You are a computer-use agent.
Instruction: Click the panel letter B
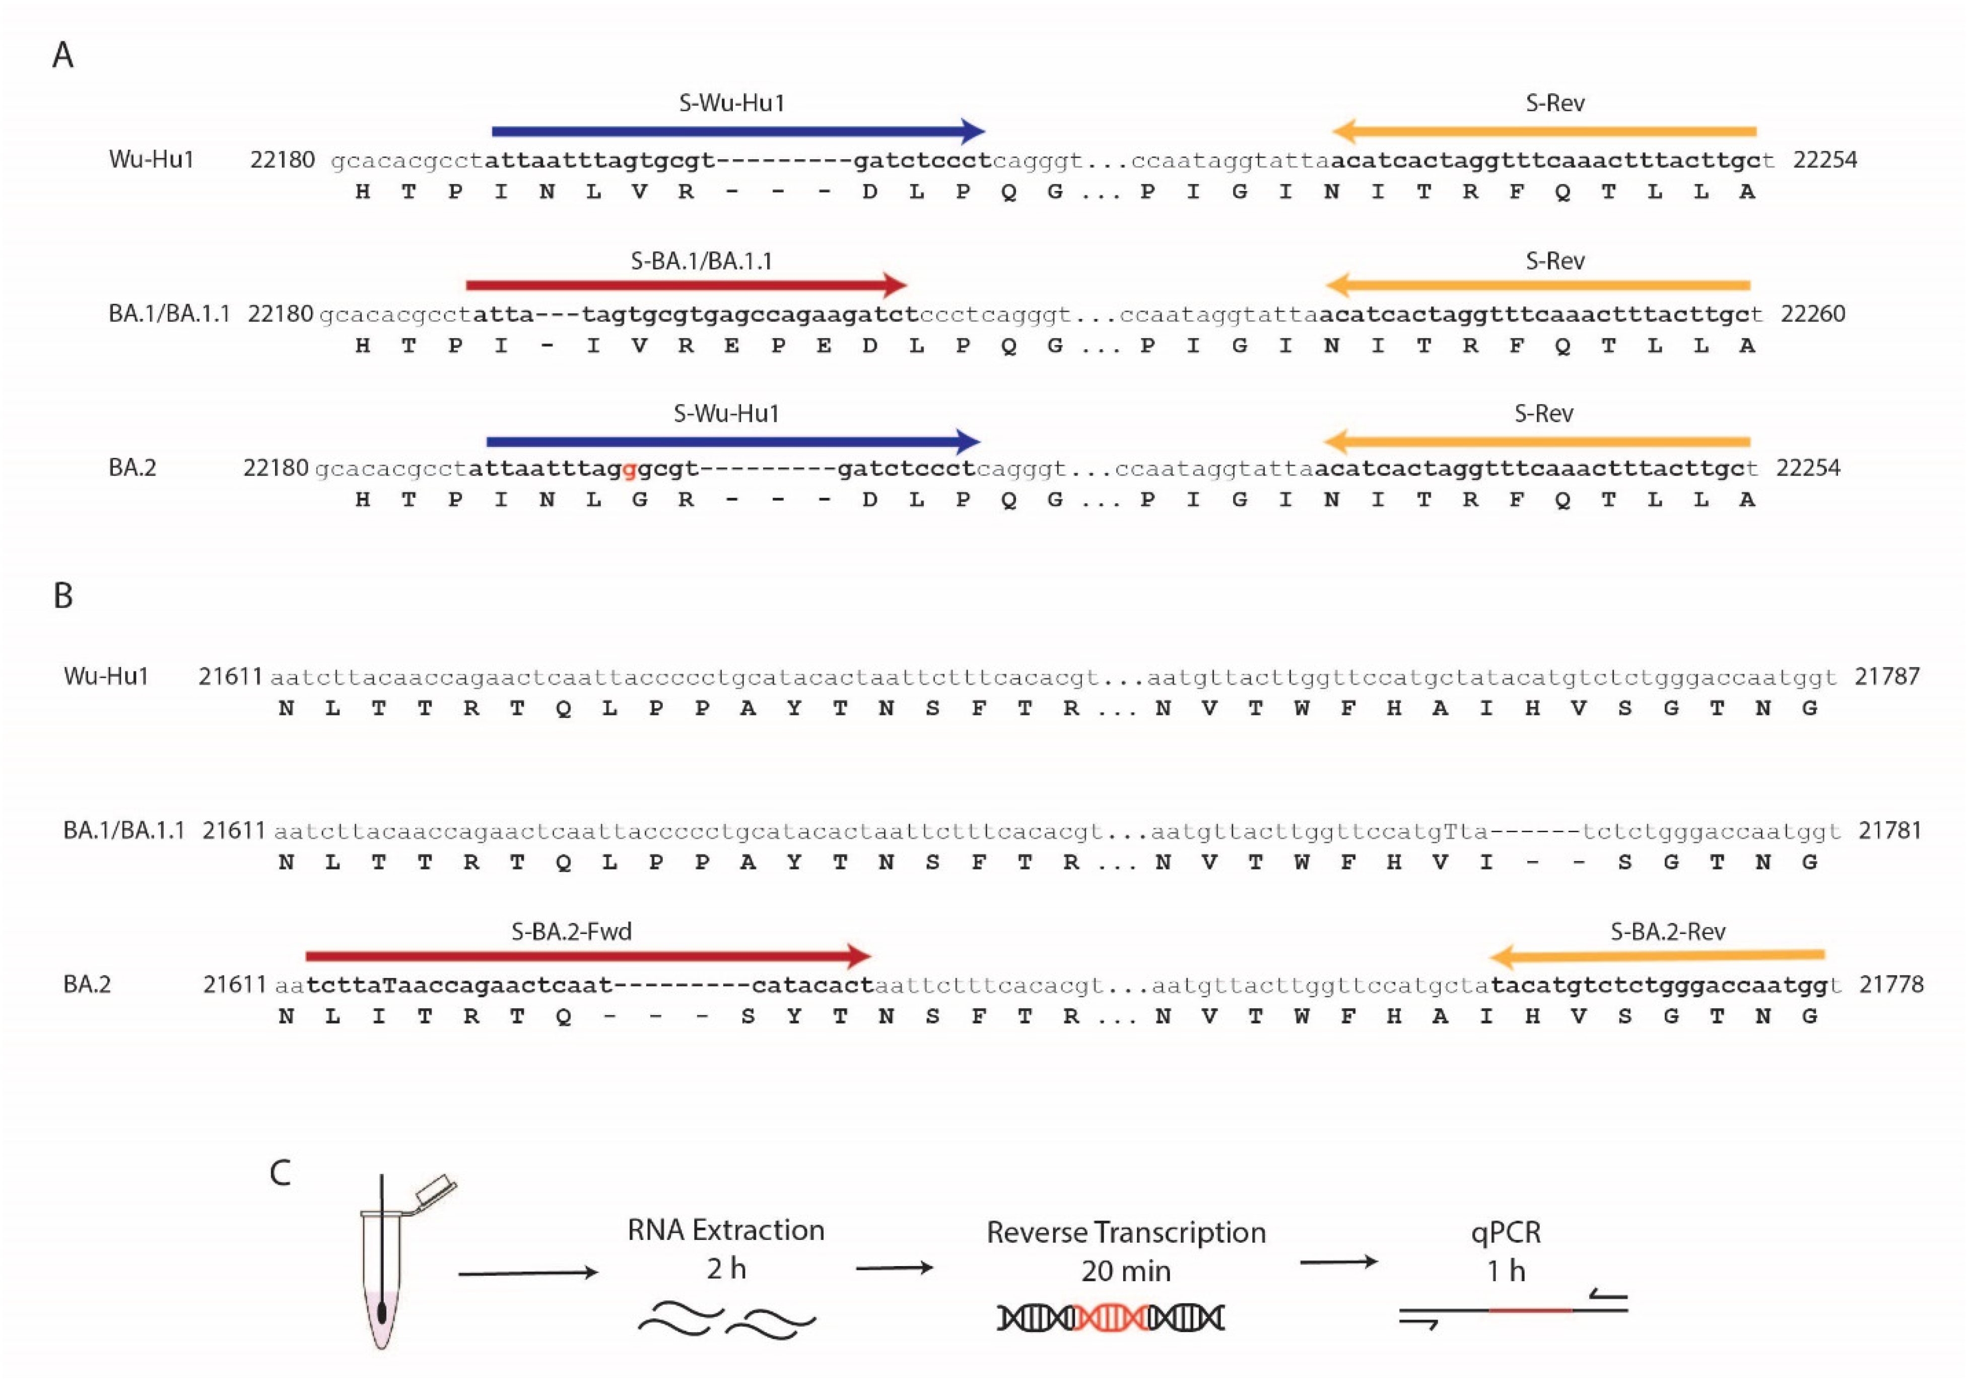[62, 596]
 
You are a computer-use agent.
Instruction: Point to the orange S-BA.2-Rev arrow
[1656, 955]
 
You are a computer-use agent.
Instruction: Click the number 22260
[1813, 314]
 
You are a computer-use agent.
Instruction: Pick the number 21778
[1891, 984]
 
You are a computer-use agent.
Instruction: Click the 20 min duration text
[1126, 1271]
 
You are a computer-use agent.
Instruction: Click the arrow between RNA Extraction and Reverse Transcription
[894, 1268]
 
